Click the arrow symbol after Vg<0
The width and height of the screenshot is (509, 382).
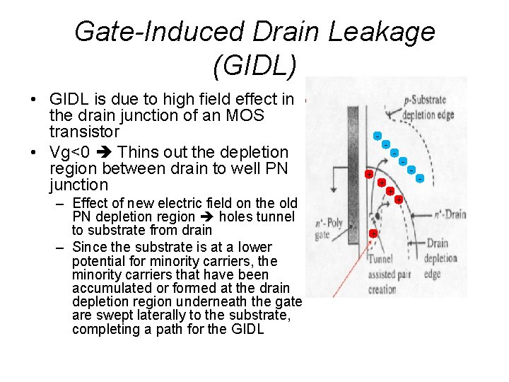[x=105, y=152]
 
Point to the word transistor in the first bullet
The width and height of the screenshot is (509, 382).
[x=84, y=132]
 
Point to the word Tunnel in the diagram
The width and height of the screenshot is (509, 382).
[x=380, y=260]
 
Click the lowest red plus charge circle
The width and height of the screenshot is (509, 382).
[x=373, y=233]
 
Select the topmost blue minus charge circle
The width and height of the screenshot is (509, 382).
[x=378, y=136]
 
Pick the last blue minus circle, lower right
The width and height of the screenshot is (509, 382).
[x=419, y=178]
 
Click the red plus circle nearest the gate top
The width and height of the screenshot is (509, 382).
[x=368, y=174]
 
